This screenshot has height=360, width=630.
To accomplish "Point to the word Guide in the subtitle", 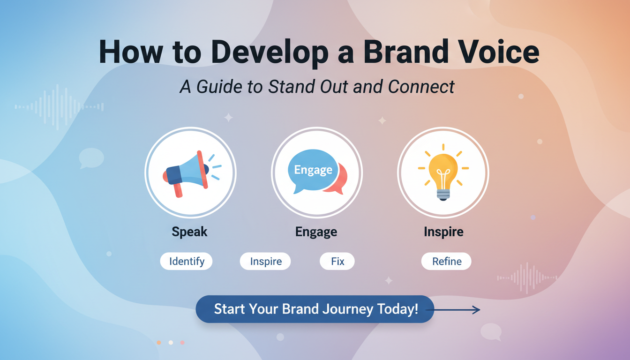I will (223, 87).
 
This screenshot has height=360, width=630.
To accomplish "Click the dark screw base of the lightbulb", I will (443, 195).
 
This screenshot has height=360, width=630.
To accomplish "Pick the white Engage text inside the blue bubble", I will (313, 170).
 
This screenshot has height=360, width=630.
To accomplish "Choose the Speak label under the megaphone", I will (190, 232).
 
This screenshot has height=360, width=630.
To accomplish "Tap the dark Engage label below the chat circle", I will (316, 232).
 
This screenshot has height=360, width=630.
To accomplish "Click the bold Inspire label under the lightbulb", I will (443, 232).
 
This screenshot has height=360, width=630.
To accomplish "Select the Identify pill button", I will (187, 261).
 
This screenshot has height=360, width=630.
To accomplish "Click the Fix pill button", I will (337, 261).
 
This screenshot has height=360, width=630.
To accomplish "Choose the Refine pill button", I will (446, 261).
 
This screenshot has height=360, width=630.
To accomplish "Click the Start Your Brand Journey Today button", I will (315, 309).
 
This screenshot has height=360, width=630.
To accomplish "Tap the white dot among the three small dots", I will (171, 343).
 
